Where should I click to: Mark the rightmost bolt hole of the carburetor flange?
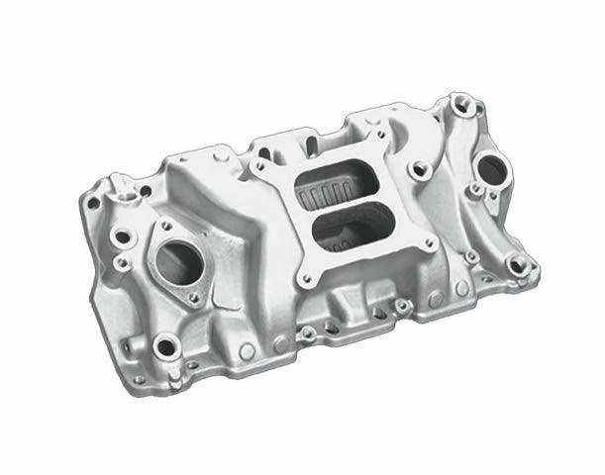click(428, 242)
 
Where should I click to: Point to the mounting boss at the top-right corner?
click(460, 102)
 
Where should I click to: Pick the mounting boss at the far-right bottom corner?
click(517, 264)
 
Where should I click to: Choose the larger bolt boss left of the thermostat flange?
click(122, 237)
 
